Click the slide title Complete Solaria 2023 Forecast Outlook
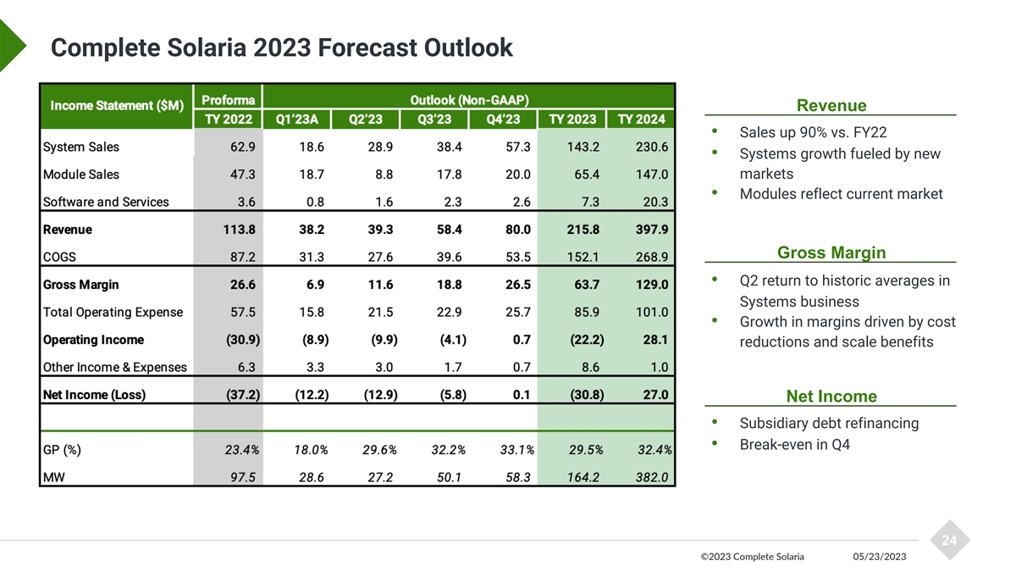[281, 47]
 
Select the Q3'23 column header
[433, 119]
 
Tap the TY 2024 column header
[641, 119]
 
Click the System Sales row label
[80, 147]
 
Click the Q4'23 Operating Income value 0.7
[522, 340]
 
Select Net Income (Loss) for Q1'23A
[312, 395]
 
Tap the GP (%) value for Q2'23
[379, 450]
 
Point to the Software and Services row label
[105, 202]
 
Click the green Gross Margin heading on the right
[831, 253]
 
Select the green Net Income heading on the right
[831, 397]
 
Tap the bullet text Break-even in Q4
[794, 445]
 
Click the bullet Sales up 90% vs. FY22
[813, 133]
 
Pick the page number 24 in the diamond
[949, 541]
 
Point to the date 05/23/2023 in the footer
[880, 557]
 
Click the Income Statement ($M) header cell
[116, 106]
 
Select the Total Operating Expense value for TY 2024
[650, 312]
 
